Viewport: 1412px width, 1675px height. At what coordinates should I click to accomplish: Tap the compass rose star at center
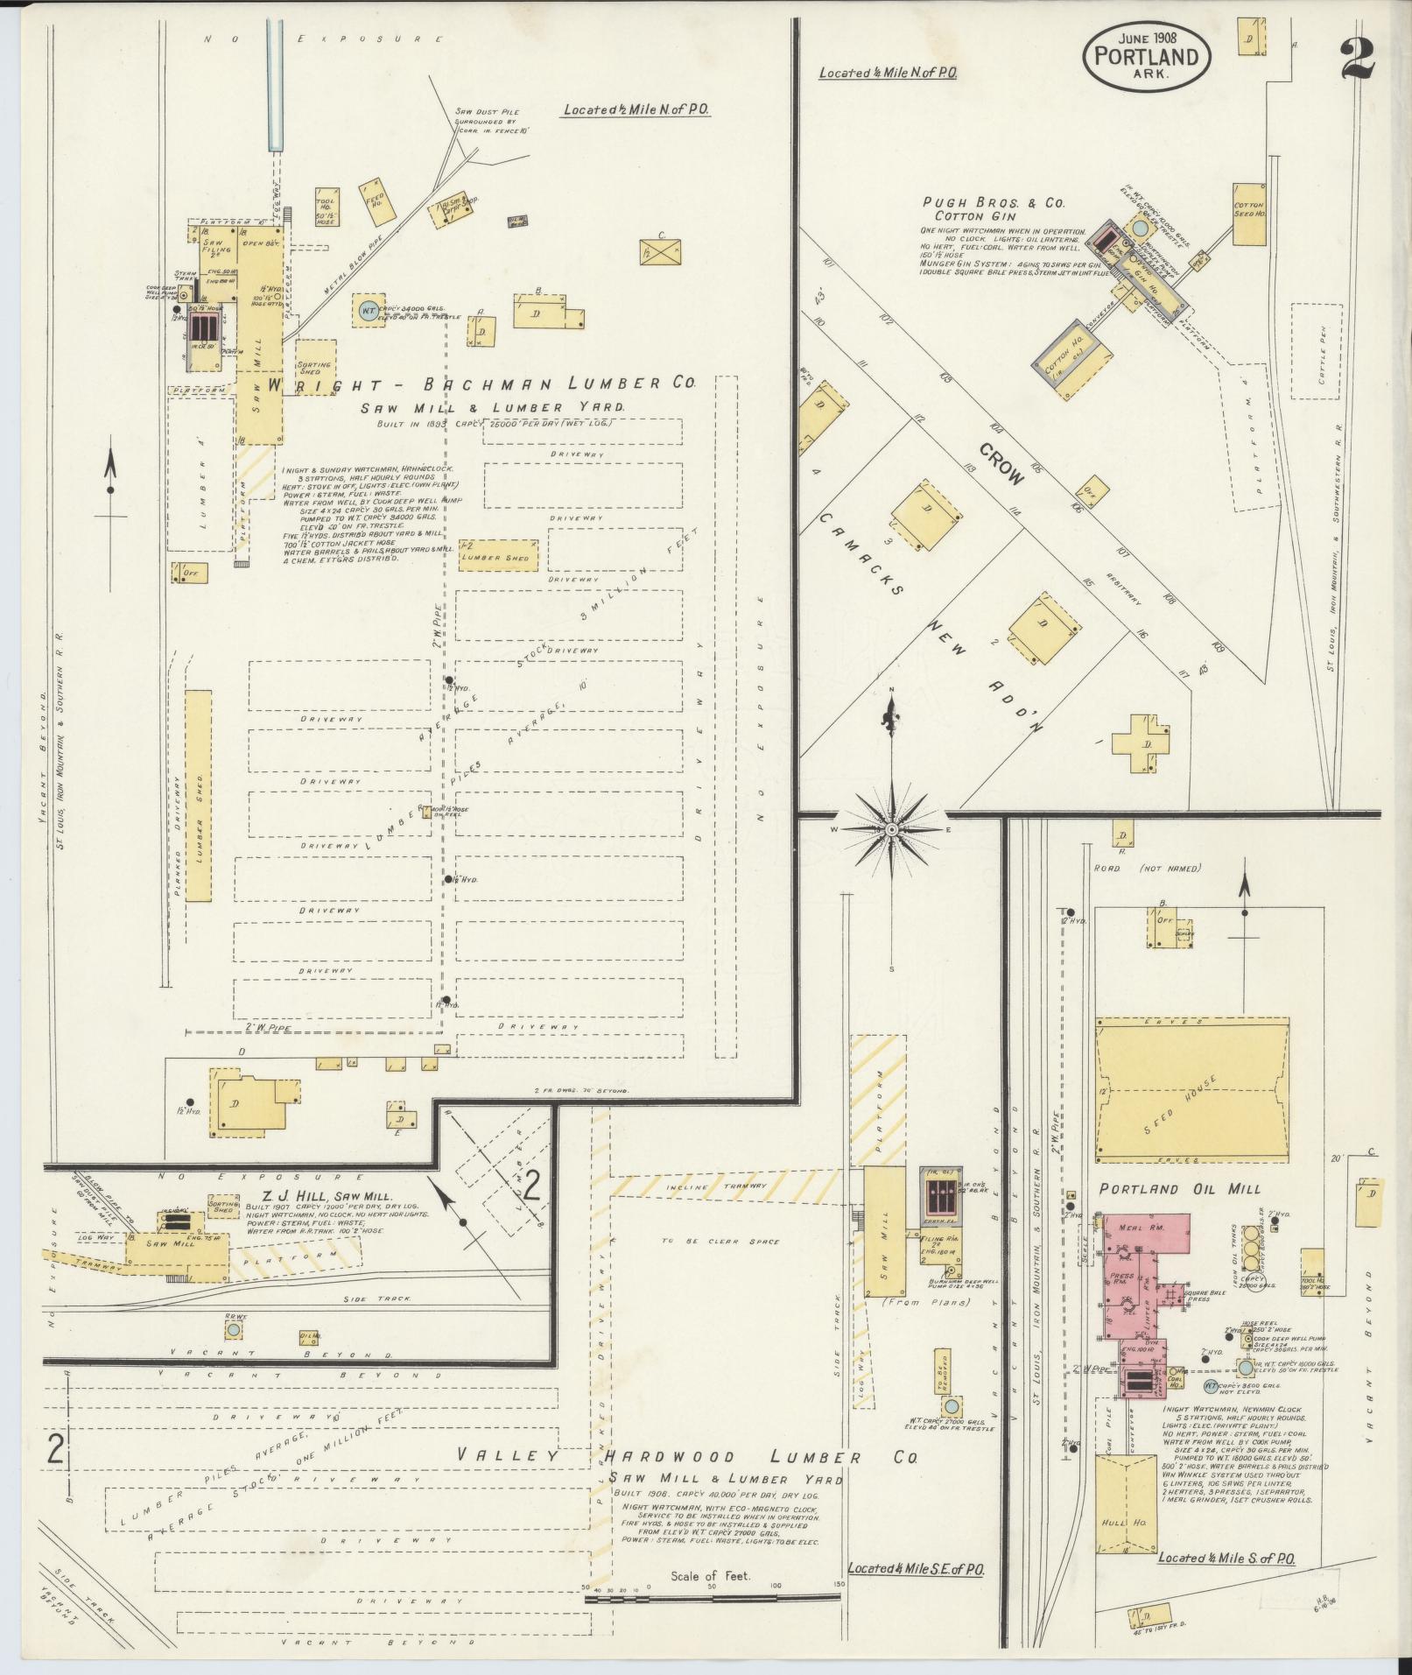click(892, 828)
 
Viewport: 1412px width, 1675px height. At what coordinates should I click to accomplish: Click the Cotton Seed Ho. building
click(1250, 215)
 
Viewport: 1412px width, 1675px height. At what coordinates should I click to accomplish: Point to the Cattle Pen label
click(1324, 364)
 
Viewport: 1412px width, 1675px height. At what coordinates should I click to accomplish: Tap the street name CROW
click(1001, 464)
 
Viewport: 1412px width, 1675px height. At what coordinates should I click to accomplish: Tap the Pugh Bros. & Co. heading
click(994, 203)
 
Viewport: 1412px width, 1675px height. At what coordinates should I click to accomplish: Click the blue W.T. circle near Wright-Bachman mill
click(369, 309)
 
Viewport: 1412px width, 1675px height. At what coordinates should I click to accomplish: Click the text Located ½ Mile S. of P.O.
click(1226, 1559)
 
